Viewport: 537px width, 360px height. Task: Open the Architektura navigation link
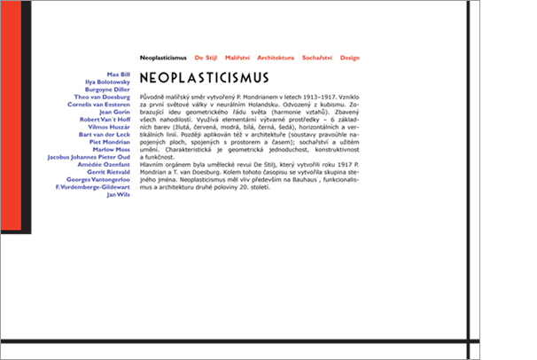pyautogui.click(x=276, y=57)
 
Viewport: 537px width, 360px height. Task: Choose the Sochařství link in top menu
pyautogui.click(x=316, y=57)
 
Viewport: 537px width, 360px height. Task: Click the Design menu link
pyautogui.click(x=350, y=57)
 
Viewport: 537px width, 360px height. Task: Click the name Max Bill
pyautogui.click(x=118, y=74)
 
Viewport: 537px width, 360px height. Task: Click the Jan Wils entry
pyautogui.click(x=118, y=194)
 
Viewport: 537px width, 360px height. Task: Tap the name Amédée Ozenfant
pyautogui.click(x=105, y=164)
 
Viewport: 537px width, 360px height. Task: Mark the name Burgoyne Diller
pyautogui.click(x=106, y=90)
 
